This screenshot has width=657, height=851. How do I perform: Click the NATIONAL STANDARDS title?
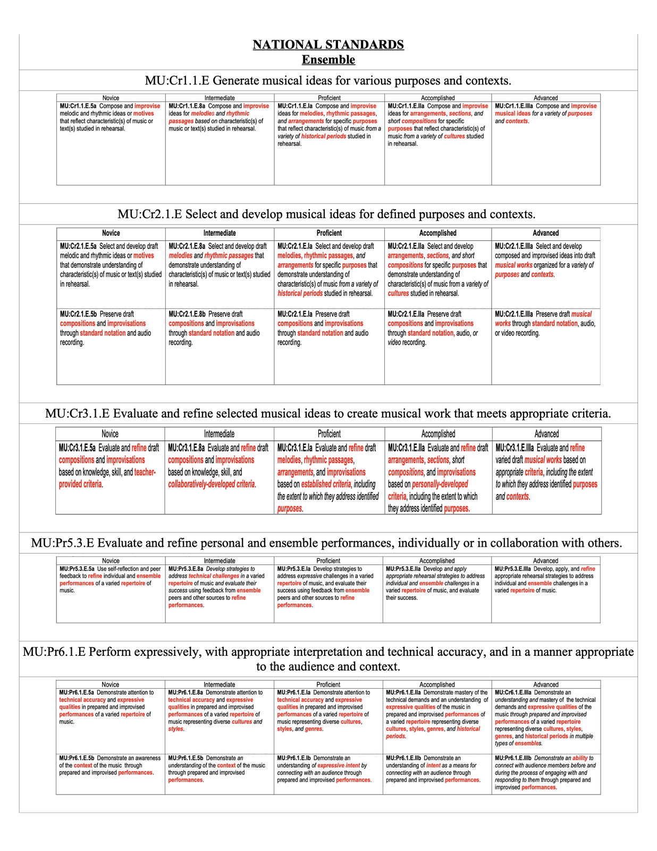pyautogui.click(x=328, y=45)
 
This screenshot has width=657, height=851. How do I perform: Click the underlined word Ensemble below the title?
pyautogui.click(x=328, y=60)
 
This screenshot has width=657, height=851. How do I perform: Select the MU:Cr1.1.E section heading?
pyautogui.click(x=328, y=81)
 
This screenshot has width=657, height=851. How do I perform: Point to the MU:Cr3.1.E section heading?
pyautogui.click(x=328, y=413)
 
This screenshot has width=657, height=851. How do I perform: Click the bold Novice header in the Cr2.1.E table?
pyautogui.click(x=111, y=233)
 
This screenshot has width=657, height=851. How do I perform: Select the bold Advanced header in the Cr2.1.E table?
pyautogui.click(x=545, y=233)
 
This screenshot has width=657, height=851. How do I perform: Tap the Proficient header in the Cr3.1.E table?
pyautogui.click(x=329, y=433)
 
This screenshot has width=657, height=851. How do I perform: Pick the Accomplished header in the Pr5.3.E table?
pyautogui.click(x=437, y=561)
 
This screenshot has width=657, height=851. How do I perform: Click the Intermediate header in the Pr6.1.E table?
pyautogui.click(x=219, y=685)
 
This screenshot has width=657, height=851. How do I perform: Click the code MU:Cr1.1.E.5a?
pyautogui.click(x=78, y=106)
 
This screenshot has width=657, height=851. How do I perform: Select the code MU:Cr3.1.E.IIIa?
pyautogui.click(x=515, y=448)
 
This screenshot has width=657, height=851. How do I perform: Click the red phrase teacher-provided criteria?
pyautogui.click(x=106, y=478)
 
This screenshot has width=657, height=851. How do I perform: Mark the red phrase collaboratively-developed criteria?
pyautogui.click(x=212, y=484)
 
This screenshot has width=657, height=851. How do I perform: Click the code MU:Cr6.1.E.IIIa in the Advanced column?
pyautogui.click(x=513, y=693)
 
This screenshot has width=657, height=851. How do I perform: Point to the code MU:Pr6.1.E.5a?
pyautogui.click(x=77, y=693)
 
